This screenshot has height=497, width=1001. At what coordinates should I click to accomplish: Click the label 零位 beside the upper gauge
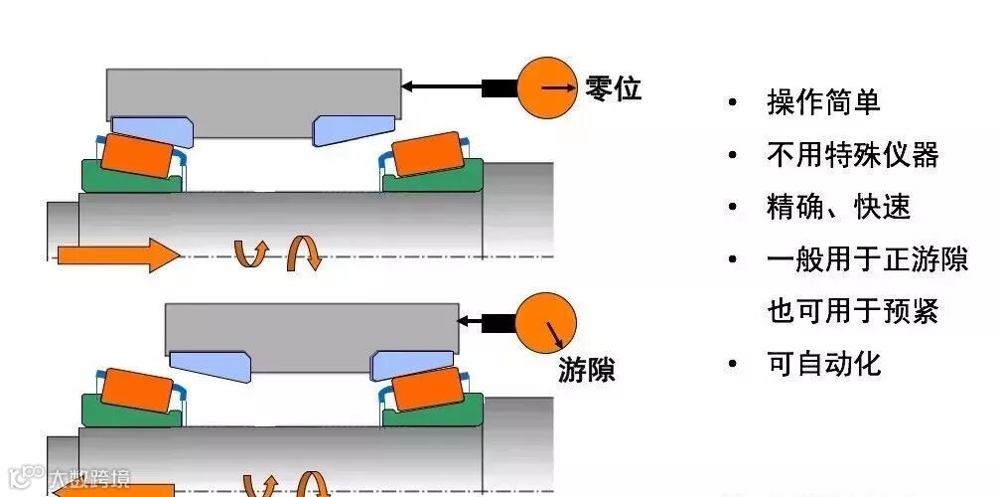click(x=614, y=88)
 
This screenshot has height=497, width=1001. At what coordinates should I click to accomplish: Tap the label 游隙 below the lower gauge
click(x=587, y=371)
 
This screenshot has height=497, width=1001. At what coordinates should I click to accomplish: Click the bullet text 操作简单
click(x=823, y=101)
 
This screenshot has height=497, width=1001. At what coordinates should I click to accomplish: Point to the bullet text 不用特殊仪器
click(x=852, y=154)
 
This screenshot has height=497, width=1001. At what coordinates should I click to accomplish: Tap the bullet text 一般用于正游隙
click(x=867, y=259)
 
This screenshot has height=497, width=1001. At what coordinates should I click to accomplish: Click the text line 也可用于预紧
click(x=852, y=311)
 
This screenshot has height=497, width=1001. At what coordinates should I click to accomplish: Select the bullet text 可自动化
click(x=823, y=364)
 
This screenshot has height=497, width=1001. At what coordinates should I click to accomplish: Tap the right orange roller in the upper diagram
click(x=426, y=155)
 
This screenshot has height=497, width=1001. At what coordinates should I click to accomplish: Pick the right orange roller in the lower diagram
click(x=426, y=390)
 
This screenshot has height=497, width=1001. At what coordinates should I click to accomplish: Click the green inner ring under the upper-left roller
click(x=129, y=180)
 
